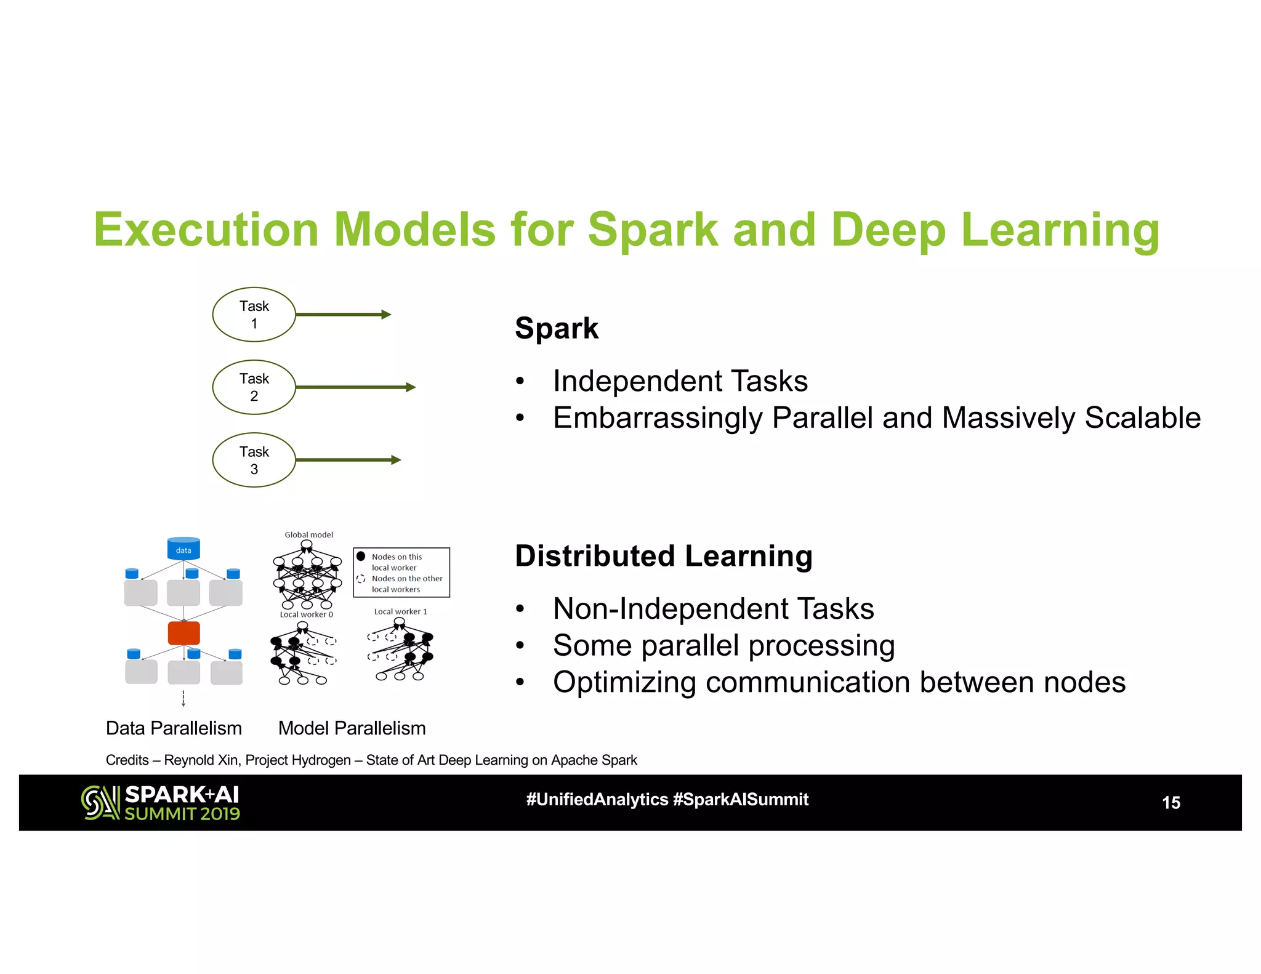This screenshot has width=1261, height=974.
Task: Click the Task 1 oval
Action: (x=254, y=315)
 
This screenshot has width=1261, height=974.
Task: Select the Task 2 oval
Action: (x=254, y=387)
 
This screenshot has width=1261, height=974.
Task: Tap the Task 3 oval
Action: (x=254, y=460)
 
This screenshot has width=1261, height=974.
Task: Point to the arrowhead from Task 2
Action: (x=411, y=387)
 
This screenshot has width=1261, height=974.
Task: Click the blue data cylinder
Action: (x=183, y=549)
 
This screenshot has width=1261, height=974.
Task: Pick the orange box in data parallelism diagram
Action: (x=183, y=633)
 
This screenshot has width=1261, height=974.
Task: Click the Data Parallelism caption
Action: (x=174, y=728)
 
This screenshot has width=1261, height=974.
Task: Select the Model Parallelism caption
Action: (x=352, y=728)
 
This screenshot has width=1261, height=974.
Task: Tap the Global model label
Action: (x=308, y=534)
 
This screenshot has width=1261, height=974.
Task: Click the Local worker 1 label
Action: (x=400, y=611)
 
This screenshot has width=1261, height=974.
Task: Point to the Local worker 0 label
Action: (x=306, y=614)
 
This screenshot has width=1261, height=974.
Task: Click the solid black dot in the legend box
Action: (x=361, y=556)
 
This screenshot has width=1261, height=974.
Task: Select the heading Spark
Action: (x=557, y=328)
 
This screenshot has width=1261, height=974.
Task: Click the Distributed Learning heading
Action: (x=663, y=556)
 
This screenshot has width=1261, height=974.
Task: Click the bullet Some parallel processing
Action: (x=723, y=645)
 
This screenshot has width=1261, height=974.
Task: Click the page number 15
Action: (x=1170, y=803)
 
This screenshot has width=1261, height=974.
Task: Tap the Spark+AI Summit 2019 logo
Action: (x=160, y=803)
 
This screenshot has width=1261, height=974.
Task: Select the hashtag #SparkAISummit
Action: (x=741, y=800)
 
